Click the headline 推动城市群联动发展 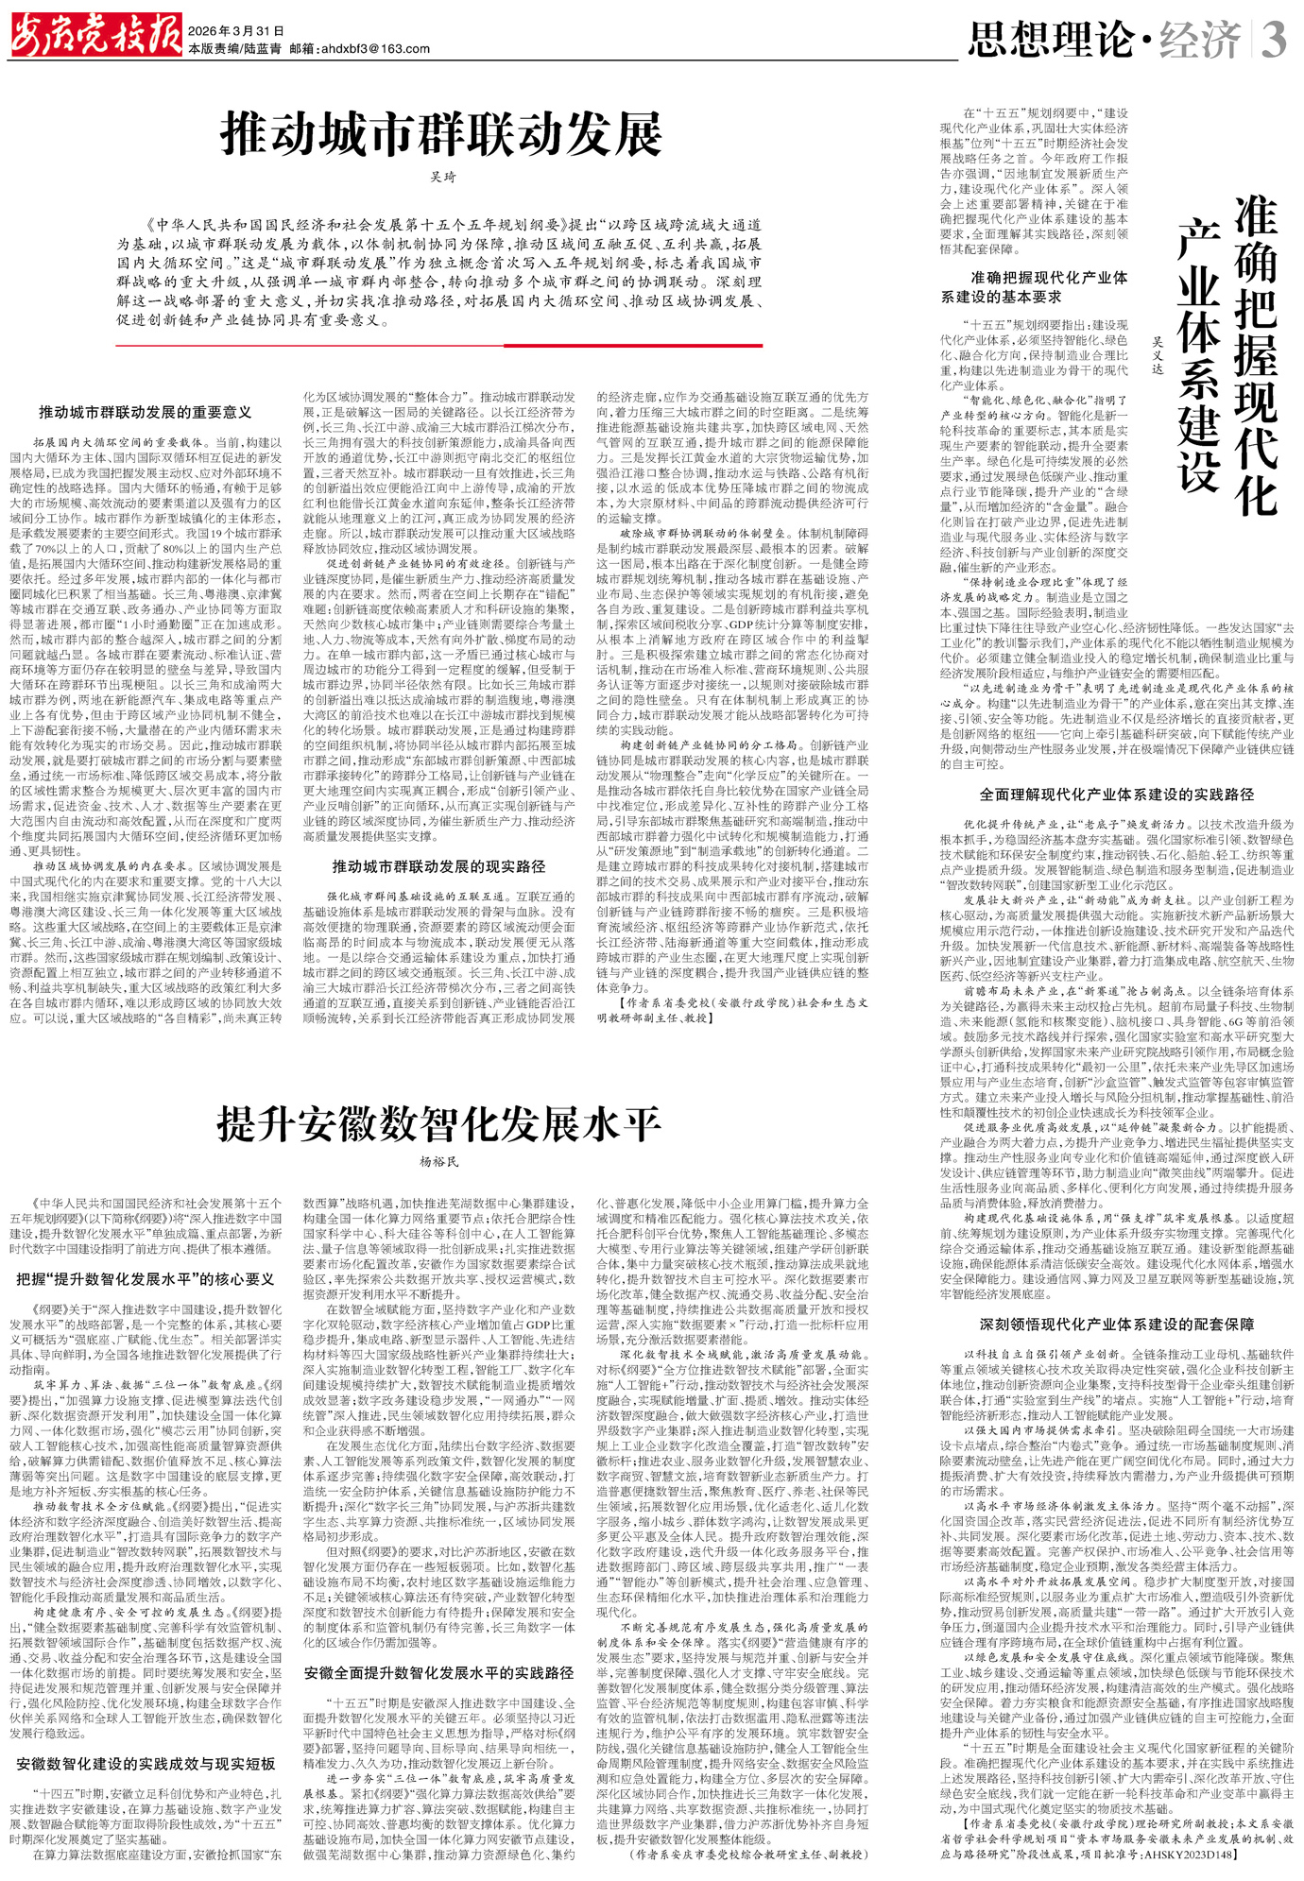click(441, 134)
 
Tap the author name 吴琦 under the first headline click(442, 177)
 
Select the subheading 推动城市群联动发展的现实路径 click(438, 865)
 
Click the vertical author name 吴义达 click(1158, 354)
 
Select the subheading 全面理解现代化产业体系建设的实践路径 click(1116, 795)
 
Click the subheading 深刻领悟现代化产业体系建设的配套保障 click(1116, 1325)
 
